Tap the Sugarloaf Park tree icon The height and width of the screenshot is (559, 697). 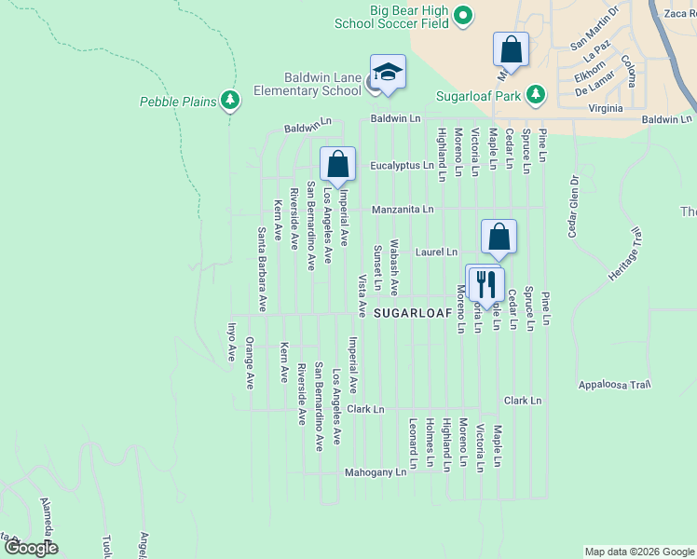click(x=535, y=94)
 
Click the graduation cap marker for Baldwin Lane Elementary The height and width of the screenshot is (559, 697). click(x=388, y=72)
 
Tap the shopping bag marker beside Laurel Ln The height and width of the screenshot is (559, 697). click(x=499, y=238)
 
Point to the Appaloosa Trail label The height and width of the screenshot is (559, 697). click(x=612, y=384)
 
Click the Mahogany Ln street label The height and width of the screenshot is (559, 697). click(x=376, y=472)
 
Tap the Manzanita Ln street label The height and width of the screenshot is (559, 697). click(x=403, y=210)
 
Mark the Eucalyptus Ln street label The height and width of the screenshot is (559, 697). click(x=402, y=166)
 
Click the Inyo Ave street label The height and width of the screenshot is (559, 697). click(x=233, y=342)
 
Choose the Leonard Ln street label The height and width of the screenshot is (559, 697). click(x=412, y=443)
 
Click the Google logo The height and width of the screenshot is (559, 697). click(x=31, y=548)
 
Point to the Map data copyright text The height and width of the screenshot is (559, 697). click(x=638, y=552)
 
